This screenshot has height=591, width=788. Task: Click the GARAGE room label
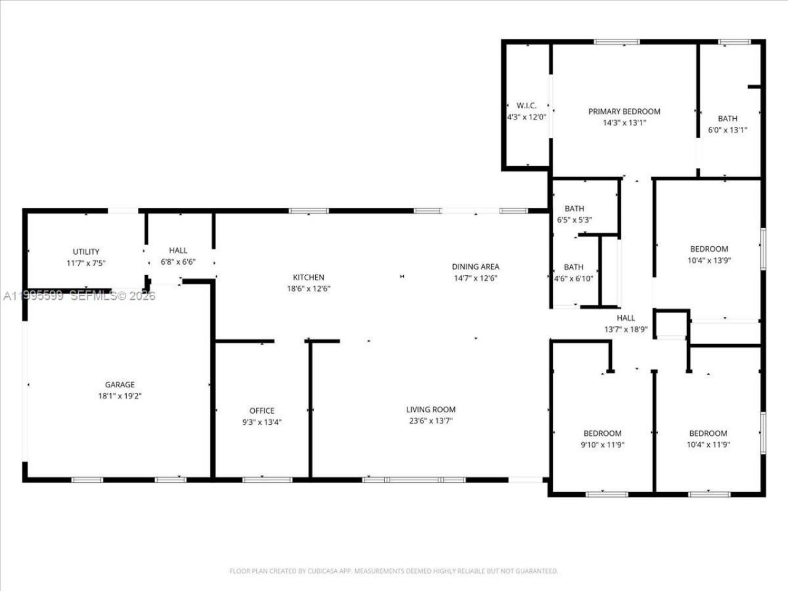[x=119, y=385]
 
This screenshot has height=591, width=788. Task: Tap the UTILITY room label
[x=86, y=252]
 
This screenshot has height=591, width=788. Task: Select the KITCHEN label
[x=308, y=278]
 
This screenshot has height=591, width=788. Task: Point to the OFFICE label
[x=262, y=411]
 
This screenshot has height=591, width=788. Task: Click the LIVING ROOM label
[x=431, y=409]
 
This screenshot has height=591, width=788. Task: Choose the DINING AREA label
[x=475, y=267]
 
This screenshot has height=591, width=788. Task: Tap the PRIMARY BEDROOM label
[x=624, y=111]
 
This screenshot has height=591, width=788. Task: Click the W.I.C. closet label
[x=526, y=105]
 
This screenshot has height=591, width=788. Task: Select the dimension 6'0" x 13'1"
[x=727, y=130]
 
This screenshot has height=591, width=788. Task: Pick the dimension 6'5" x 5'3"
[x=574, y=220]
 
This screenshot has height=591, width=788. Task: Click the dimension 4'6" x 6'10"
[x=574, y=278]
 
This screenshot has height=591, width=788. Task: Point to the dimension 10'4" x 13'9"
[x=709, y=260]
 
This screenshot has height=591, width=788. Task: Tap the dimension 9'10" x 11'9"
[x=602, y=444]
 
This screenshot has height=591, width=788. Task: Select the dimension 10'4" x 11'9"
[x=708, y=444]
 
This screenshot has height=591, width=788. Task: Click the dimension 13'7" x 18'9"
[x=625, y=329]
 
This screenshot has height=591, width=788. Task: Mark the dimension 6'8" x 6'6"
[x=178, y=262]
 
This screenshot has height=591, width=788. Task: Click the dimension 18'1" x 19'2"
[x=119, y=396]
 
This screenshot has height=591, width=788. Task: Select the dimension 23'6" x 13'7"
[x=431, y=420]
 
